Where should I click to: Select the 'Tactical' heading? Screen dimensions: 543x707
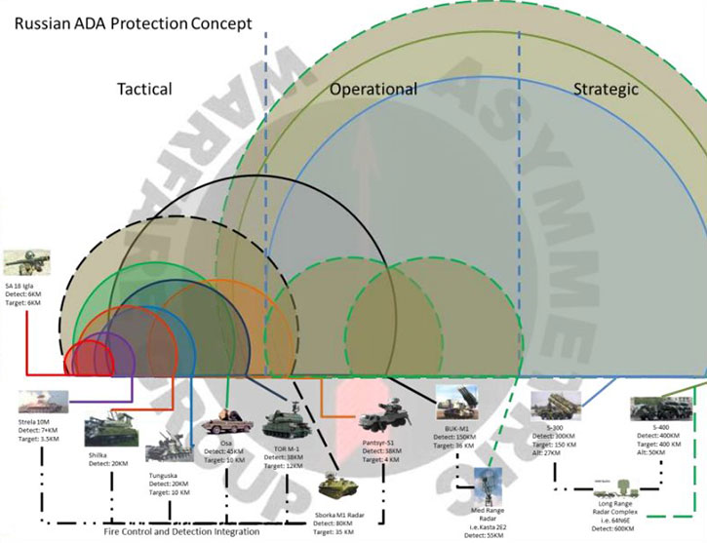pyautogui.click(x=144, y=89)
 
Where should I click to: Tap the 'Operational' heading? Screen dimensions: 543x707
pyautogui.click(x=373, y=89)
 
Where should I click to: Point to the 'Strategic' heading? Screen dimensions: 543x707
pyautogui.click(x=606, y=89)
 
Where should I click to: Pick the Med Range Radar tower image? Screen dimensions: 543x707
pyautogui.click(x=488, y=485)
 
